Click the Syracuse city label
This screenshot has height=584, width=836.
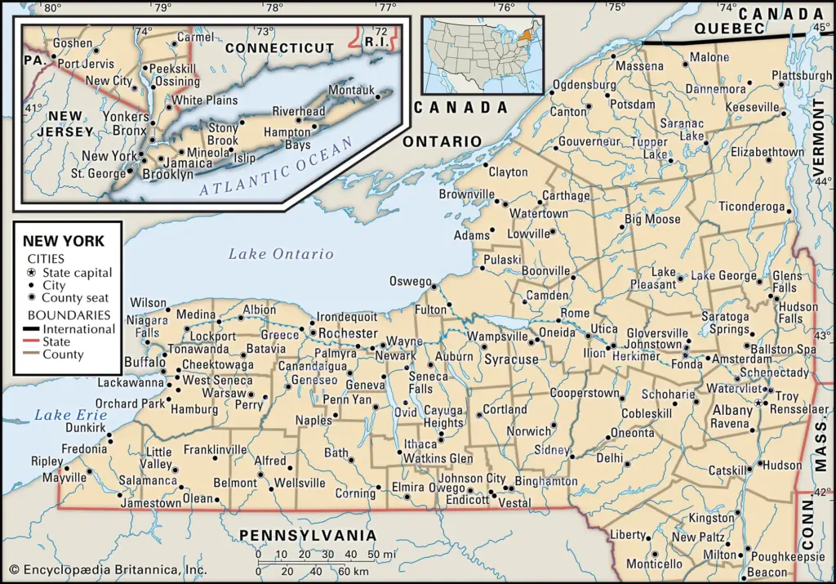pos(512,359)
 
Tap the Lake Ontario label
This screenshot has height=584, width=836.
pos(281,254)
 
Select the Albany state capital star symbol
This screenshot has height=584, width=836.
pos(758,403)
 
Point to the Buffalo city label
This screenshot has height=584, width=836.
pos(144,362)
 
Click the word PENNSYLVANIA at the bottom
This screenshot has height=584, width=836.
pos(308,536)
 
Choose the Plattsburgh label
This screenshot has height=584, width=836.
pos(801,76)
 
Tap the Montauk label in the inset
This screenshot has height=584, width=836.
pos(351,90)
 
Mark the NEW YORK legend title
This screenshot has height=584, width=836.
pos(64,241)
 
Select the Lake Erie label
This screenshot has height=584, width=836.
pos(59,415)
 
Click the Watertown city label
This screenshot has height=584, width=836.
pos(539,214)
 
